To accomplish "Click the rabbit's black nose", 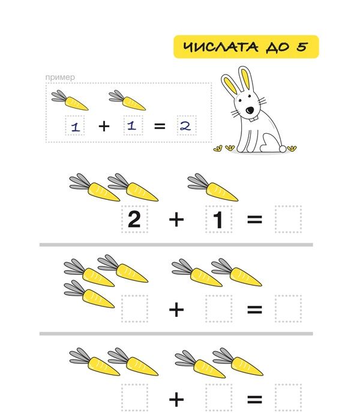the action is pyautogui.click(x=250, y=110).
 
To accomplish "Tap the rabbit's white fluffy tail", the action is pyautogui.click(x=282, y=148).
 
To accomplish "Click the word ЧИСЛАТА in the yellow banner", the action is pyautogui.click(x=221, y=47).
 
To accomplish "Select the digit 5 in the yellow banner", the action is pyautogui.click(x=302, y=47).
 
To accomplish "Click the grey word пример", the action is pyautogui.click(x=60, y=77).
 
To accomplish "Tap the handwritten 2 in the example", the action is pyautogui.click(x=185, y=125).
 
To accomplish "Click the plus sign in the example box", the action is pyautogui.click(x=104, y=126).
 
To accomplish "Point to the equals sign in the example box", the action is pyautogui.click(x=160, y=126).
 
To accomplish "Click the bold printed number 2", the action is pyautogui.click(x=134, y=219).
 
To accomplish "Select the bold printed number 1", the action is pyautogui.click(x=218, y=219).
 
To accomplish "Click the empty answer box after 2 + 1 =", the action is pyautogui.click(x=288, y=219).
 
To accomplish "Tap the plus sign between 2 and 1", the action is pyautogui.click(x=176, y=220).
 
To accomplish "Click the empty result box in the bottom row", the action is pyautogui.click(x=288, y=397).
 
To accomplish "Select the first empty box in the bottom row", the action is pyautogui.click(x=134, y=397).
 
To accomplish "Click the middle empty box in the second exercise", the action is pyautogui.click(x=218, y=308).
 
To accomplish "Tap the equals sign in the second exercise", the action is pyautogui.click(x=254, y=310).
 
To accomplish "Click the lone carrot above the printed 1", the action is pyautogui.click(x=213, y=187).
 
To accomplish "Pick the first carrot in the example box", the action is pyautogui.click(x=70, y=100).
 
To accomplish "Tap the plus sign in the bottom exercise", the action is pyautogui.click(x=176, y=400).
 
